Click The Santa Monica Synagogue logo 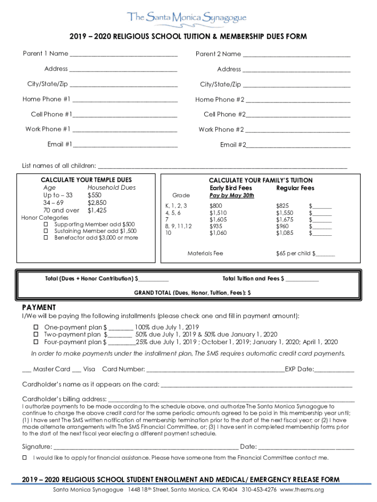[x=188, y=18]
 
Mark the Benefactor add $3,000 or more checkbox [x=46, y=238]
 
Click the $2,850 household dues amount [x=97, y=202]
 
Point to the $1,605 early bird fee [x=218, y=220]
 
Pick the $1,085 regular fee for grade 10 [x=285, y=233]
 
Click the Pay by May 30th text [x=232, y=196]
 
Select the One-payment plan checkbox [x=36, y=327]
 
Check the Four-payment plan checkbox [x=36, y=342]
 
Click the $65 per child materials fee [x=294, y=254]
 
